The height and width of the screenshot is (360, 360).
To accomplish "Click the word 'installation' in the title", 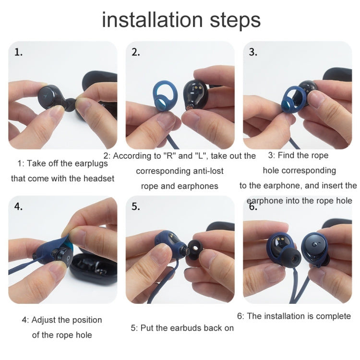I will coord(146,20).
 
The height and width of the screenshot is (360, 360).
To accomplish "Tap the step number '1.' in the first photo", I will coord(18,52).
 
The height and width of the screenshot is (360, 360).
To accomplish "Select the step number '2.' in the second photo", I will coord(136,52).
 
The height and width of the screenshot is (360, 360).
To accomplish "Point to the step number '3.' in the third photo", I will coord(253,52).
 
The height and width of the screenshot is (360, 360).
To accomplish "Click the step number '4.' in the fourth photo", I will coord(19,207).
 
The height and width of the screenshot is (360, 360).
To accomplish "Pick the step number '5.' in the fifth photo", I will coord(136,207).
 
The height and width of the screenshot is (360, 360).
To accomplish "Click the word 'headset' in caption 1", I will coord(98,179).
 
